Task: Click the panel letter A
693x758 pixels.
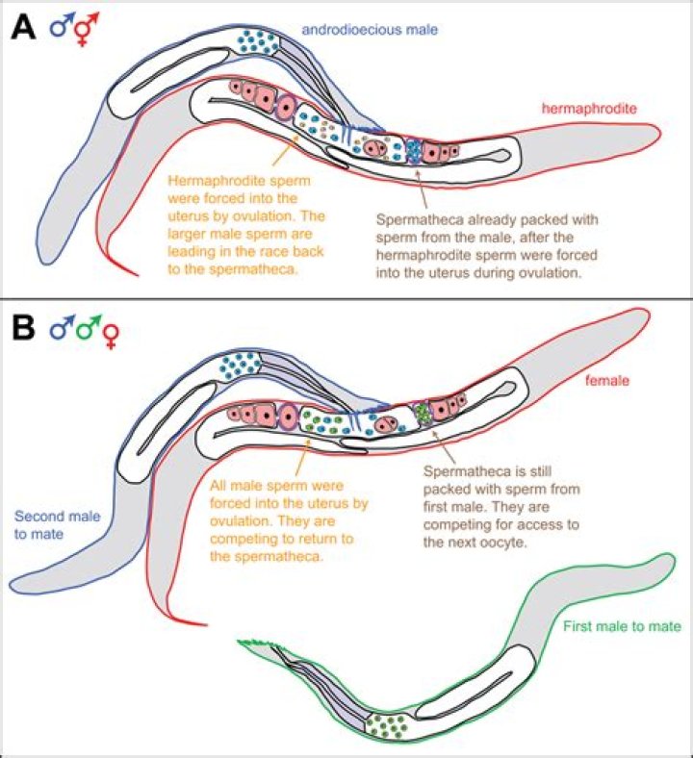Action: pos(23,29)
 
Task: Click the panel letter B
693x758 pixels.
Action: pos(24,330)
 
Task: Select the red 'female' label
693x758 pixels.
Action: pos(606,381)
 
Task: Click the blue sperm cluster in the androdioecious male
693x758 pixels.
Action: pos(259,41)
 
